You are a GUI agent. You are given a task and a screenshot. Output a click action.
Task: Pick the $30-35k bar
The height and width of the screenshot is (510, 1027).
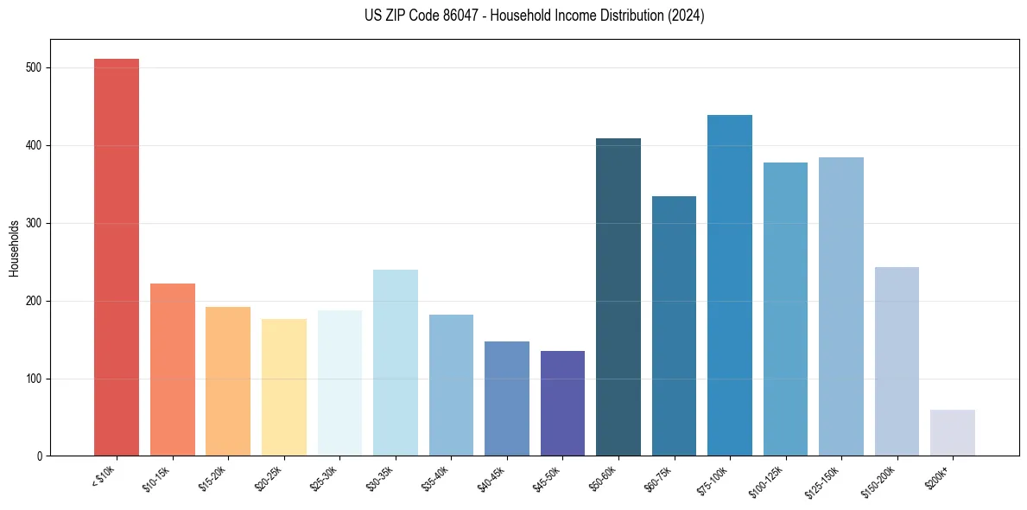(396, 362)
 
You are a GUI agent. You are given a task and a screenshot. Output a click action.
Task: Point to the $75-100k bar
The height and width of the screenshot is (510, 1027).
(730, 285)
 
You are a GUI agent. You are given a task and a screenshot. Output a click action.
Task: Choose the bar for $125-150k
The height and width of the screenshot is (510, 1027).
(841, 306)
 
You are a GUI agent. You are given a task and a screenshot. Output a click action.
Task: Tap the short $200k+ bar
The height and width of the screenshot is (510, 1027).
(953, 432)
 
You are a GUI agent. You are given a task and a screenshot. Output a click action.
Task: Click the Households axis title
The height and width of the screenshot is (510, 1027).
(14, 248)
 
